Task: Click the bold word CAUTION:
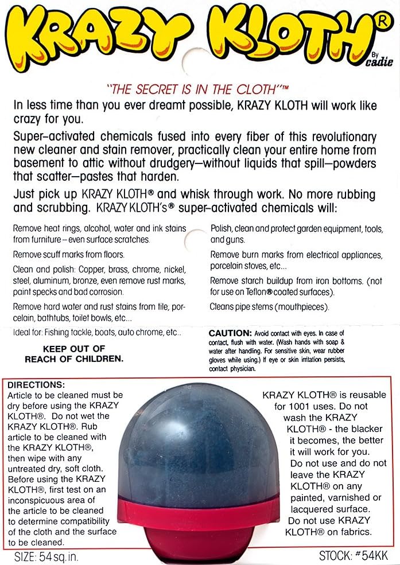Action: point(230,333)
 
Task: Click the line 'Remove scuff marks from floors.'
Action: point(69,254)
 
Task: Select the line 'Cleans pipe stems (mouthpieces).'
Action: point(270,307)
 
